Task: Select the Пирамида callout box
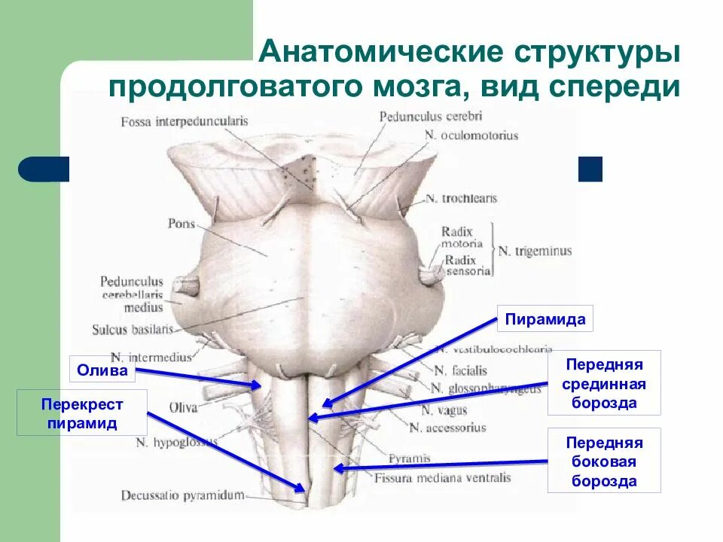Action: (545, 319)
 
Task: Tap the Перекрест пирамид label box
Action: (82, 414)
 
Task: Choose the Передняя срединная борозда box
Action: (604, 383)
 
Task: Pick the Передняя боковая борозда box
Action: (604, 461)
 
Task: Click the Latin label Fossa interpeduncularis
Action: (179, 121)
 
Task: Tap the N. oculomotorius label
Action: (471, 135)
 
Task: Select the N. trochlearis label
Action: (461, 199)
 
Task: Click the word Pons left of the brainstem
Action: (182, 224)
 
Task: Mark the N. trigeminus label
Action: (535, 250)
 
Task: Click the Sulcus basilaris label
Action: (133, 329)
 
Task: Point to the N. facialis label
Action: (460, 370)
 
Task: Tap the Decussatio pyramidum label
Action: (183, 495)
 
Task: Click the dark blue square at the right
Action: (590, 169)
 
